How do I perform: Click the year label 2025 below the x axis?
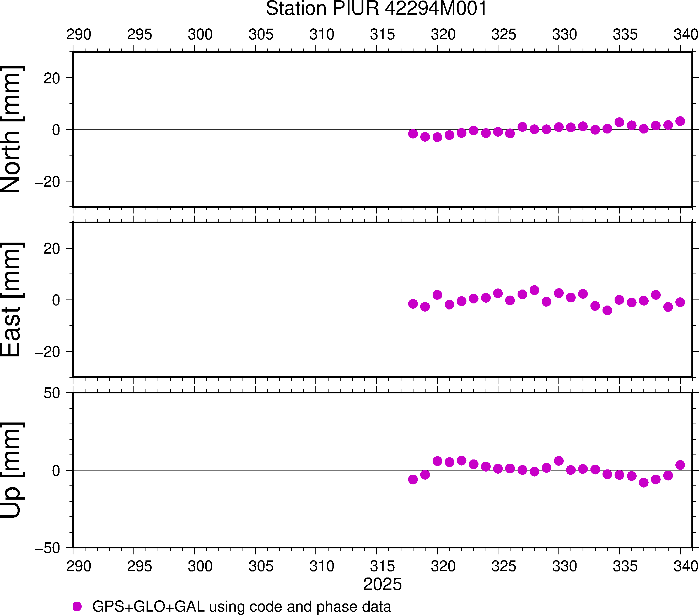382,584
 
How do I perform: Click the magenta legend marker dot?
77,606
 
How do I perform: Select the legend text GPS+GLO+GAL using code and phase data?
241,606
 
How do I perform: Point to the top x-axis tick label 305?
261,35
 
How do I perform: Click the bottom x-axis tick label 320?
443,566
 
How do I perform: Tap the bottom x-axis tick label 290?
79,566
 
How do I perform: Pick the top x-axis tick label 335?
625,35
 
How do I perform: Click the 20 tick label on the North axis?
52,79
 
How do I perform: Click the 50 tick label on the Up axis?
52,394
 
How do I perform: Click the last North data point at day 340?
680,121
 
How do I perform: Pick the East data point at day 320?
437,295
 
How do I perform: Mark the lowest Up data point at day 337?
644,483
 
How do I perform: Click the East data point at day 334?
607,311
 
